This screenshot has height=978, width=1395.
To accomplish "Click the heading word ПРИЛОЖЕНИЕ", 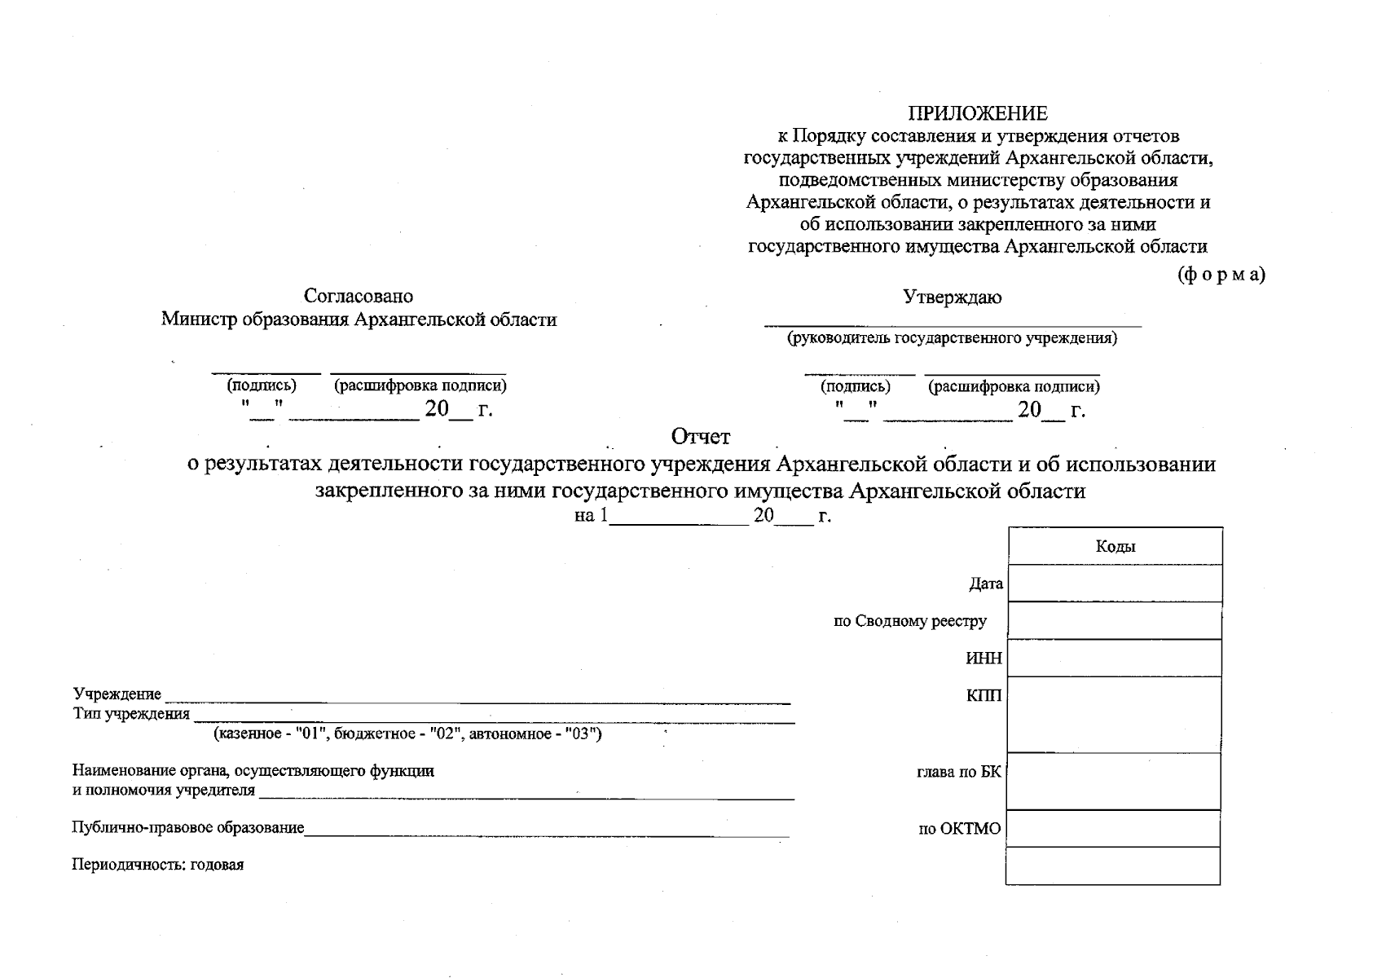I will pyautogui.click(x=978, y=113).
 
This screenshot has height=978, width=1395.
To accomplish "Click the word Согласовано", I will pyautogui.click(x=359, y=296).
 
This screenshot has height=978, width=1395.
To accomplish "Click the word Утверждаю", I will pyautogui.click(x=952, y=297).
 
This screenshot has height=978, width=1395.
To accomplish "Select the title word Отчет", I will pyautogui.click(x=701, y=438).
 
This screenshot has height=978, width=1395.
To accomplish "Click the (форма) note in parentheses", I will pyautogui.click(x=1221, y=275).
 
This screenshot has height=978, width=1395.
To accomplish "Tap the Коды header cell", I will pyautogui.click(x=1115, y=547).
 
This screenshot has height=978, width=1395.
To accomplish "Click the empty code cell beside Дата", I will pyautogui.click(x=1115, y=584).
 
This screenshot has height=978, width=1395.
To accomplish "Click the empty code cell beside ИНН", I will pyautogui.click(x=1115, y=659).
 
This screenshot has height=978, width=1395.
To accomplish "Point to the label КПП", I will pyautogui.click(x=984, y=696).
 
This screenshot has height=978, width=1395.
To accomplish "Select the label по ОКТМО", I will pyautogui.click(x=959, y=830).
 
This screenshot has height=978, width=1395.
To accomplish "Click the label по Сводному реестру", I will pyautogui.click(x=909, y=622).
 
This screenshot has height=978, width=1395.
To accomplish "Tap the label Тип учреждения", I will pyautogui.click(x=131, y=715).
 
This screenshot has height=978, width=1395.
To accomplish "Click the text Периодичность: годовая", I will pyautogui.click(x=158, y=866).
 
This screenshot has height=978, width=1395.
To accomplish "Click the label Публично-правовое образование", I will pyautogui.click(x=188, y=828).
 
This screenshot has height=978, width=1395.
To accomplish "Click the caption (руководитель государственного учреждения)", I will pyautogui.click(x=952, y=338).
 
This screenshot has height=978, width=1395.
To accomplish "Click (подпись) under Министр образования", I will pyautogui.click(x=262, y=385).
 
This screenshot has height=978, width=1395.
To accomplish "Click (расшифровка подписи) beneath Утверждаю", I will pyautogui.click(x=1014, y=387).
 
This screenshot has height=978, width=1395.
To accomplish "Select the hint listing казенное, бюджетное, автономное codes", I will pyautogui.click(x=407, y=734).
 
